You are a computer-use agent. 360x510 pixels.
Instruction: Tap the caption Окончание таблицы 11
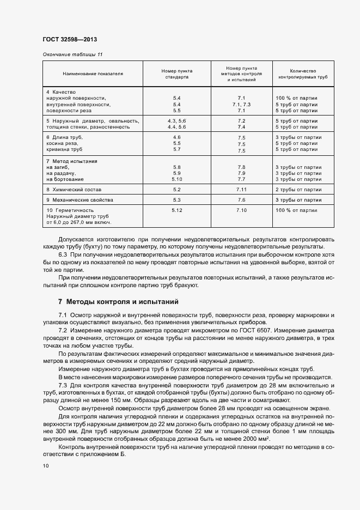pyautogui.click(x=72, y=54)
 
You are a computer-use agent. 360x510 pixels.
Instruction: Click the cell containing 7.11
pyautogui.click(x=242, y=190)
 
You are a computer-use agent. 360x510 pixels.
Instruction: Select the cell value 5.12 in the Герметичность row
pyautogui.click(x=176, y=210)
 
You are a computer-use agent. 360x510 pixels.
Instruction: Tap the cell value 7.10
pyautogui.click(x=242, y=210)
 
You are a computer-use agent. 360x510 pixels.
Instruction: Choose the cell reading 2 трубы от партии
pyautogui.click(x=297, y=190)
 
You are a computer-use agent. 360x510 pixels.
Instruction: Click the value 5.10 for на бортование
pyautogui.click(x=176, y=179)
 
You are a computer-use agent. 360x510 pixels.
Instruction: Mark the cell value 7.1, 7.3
pyautogui.click(x=242, y=104)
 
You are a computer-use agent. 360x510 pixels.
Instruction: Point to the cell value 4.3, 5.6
pyautogui.click(x=176, y=120)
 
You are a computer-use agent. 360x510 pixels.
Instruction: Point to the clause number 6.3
pyautogui.click(x=63, y=254)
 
